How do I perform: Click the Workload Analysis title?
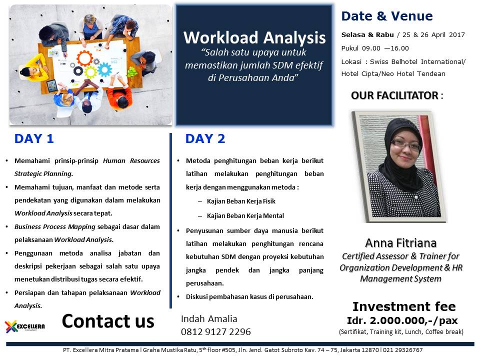click(254, 38)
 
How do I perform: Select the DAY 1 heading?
click(34, 139)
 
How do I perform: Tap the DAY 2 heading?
click(205, 139)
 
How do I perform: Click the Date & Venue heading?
click(387, 16)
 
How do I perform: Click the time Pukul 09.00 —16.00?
click(375, 48)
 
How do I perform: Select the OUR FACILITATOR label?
click(394, 95)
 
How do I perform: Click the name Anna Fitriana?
click(400, 243)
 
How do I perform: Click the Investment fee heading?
click(403, 306)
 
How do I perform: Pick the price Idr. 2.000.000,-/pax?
click(402, 320)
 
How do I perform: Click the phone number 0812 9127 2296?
click(216, 331)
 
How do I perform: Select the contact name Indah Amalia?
click(209, 319)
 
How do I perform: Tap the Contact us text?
click(108, 321)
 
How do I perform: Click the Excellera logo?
click(25, 326)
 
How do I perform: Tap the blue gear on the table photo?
click(104, 69)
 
